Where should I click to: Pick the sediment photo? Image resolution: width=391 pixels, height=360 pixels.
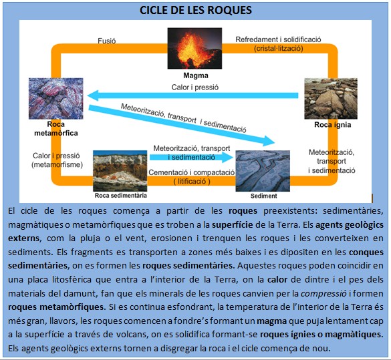coord(263,171)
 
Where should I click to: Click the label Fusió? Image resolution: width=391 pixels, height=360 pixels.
coord(108,39)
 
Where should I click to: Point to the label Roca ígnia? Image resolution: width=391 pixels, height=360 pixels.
coord(332,124)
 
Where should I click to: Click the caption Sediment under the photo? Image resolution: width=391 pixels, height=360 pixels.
coord(263,196)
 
